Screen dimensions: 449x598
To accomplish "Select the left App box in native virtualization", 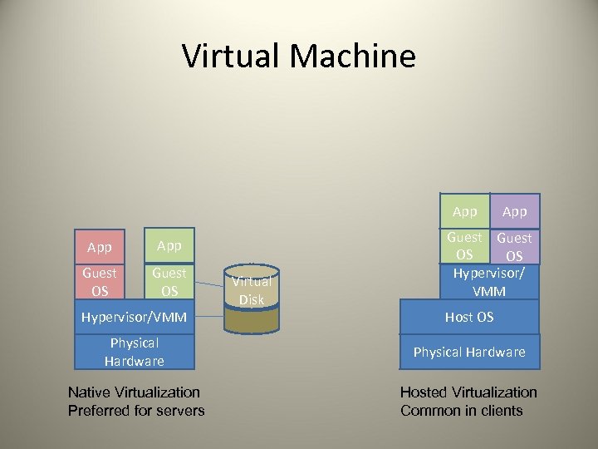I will [x=100, y=247].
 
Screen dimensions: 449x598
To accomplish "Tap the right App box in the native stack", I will [x=169, y=247].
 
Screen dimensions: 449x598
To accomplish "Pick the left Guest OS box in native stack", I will [x=100, y=281].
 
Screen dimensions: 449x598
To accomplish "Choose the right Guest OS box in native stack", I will [x=169, y=281].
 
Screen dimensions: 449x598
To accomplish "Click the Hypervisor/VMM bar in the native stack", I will [x=135, y=317].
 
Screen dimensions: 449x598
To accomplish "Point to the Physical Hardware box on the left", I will [x=135, y=352].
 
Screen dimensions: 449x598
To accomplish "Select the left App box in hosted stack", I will [x=465, y=211].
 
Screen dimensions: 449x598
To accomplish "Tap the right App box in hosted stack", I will [x=515, y=211].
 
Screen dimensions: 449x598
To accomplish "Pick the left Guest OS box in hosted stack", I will [x=465, y=246].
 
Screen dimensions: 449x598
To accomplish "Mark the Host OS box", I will [x=469, y=317].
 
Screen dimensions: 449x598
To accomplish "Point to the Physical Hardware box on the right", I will [x=469, y=352].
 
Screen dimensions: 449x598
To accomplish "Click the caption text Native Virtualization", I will [x=134, y=392].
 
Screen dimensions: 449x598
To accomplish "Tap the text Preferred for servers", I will [x=136, y=410].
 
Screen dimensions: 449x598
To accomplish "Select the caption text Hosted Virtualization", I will [x=468, y=392].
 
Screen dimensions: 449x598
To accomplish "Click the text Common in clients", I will [x=462, y=410].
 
